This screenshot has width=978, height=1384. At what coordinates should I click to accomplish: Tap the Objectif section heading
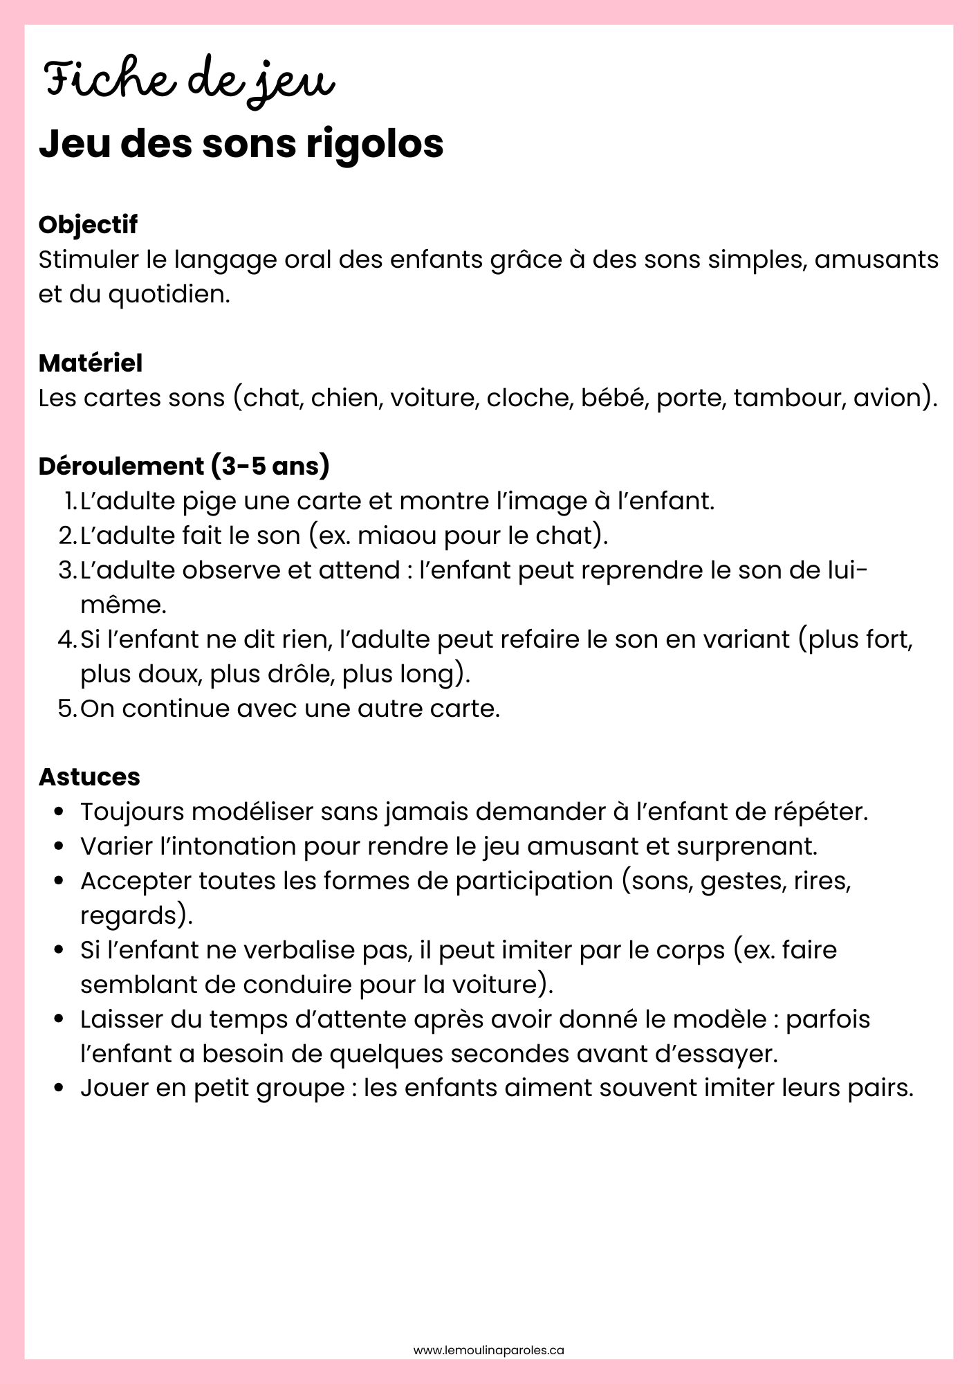[88, 225]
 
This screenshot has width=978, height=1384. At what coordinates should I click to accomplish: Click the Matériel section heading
[91, 363]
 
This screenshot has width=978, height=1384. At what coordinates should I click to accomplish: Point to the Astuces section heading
[89, 777]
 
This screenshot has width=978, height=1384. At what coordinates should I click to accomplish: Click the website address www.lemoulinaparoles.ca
[489, 1350]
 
